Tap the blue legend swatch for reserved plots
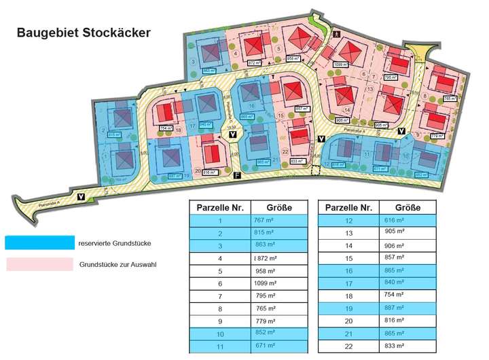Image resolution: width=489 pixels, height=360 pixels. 39,242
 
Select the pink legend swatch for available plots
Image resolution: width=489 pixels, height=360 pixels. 39,264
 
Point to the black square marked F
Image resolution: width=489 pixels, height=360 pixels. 236,176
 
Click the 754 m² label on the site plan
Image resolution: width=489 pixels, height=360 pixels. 166,128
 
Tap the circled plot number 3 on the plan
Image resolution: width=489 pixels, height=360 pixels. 194,62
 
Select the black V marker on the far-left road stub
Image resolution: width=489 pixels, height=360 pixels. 81,197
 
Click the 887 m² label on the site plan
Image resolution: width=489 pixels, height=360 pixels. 175,175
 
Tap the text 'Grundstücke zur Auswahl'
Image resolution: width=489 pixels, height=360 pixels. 117,264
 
